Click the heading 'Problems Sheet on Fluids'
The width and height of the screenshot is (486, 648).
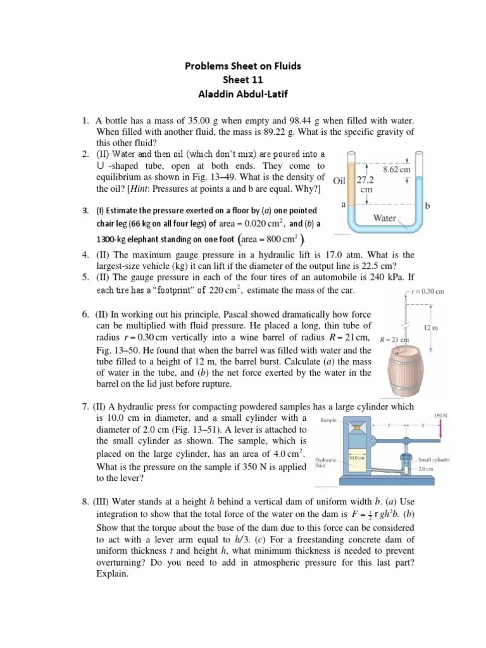243,66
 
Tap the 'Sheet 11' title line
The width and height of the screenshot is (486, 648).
243,81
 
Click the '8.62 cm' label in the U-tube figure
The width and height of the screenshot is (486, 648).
397,170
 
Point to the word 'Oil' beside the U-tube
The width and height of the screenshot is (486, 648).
339,179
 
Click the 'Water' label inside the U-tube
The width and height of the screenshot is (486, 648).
385,218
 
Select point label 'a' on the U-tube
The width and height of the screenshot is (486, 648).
342,204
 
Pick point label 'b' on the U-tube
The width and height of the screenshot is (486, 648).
428,206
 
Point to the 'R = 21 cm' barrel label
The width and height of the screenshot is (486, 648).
394,340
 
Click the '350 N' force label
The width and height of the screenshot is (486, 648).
440,416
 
